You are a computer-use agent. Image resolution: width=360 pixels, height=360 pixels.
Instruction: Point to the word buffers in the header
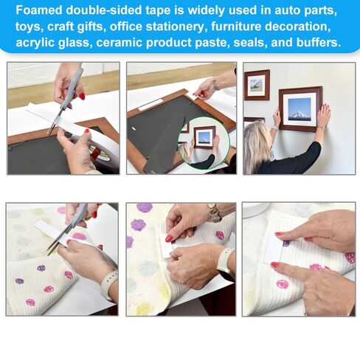point(314,42)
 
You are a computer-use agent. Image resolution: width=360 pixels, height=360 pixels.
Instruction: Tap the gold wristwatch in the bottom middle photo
point(214,213)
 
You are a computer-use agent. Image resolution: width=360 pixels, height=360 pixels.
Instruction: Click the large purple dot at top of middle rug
point(144,209)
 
